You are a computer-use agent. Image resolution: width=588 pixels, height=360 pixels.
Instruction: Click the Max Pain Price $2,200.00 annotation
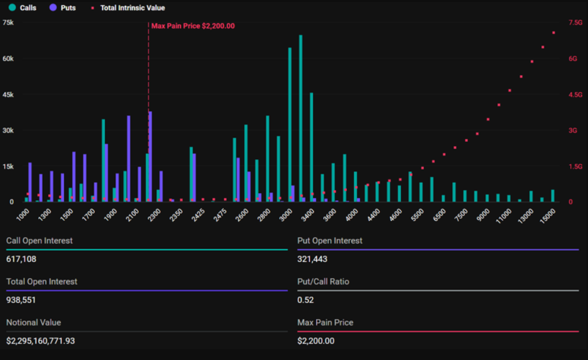pos(193,26)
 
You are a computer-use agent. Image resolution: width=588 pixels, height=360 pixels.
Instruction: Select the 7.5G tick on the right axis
pos(575,22)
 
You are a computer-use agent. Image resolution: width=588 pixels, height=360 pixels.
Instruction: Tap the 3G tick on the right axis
pos(574,130)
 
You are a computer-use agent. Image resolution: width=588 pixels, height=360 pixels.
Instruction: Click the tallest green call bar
pos(300,115)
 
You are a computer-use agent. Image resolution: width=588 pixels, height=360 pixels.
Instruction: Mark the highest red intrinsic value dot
pos(553,32)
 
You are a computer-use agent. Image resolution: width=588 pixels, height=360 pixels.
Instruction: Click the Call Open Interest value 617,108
pos(22,258)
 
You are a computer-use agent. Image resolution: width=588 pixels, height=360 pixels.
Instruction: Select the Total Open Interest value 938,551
pos(22,300)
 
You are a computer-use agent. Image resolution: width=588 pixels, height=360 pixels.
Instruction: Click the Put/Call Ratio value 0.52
pos(304,300)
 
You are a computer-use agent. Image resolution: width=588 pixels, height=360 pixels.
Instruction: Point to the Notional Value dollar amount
pos(50,341)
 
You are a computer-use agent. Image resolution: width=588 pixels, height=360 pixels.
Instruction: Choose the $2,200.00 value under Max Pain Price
pos(316,341)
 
